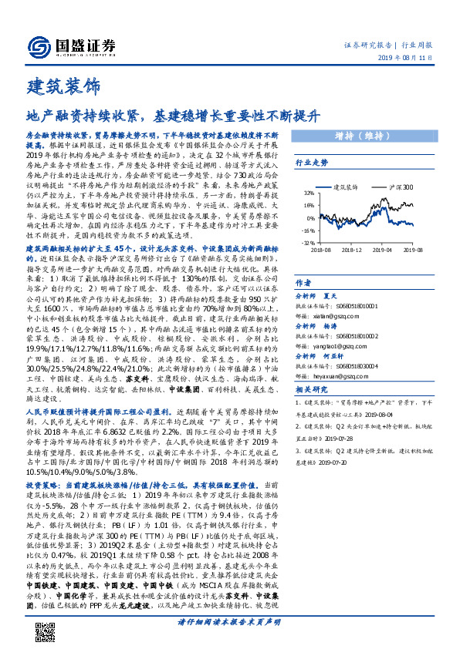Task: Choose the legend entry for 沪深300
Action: pyautogui.click(x=401, y=187)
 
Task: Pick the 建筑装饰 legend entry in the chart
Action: pyautogui.click(x=350, y=187)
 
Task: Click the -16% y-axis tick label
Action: pyautogui.click(x=307, y=230)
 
